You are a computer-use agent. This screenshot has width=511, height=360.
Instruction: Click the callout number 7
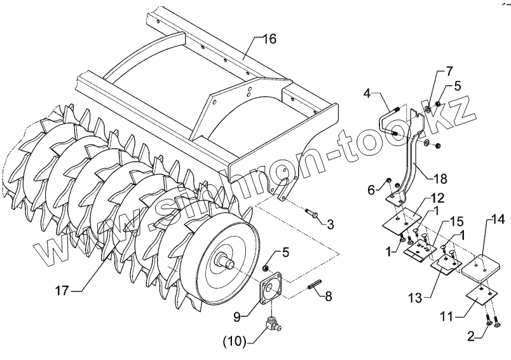pyautogui.click(x=449, y=71)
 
